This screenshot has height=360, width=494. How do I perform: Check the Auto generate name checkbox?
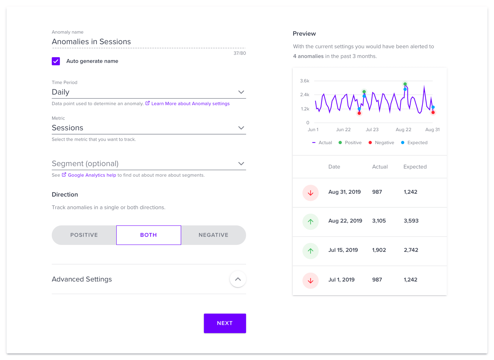click(x=56, y=61)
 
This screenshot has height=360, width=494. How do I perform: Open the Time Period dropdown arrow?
click(x=241, y=92)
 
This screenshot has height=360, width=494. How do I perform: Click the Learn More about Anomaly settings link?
click(x=190, y=104)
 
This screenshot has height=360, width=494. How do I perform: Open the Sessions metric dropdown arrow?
click(x=241, y=128)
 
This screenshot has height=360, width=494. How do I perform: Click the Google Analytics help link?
click(x=92, y=175)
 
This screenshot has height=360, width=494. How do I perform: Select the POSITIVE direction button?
click(x=84, y=235)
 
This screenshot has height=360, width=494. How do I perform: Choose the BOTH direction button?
click(x=148, y=235)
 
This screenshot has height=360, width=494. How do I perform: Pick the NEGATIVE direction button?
click(x=213, y=235)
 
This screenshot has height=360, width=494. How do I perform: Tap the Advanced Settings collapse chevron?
click(x=238, y=279)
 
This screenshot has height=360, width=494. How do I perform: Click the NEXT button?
click(x=225, y=323)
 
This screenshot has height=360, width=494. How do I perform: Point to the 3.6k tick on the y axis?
click(x=304, y=81)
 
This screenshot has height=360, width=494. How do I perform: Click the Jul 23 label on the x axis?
click(x=372, y=129)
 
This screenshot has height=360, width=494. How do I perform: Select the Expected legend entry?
click(x=414, y=143)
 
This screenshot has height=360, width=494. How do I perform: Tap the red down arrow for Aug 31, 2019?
click(x=310, y=193)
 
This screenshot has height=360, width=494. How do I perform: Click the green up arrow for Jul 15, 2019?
click(x=310, y=251)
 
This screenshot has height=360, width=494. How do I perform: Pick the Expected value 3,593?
click(x=411, y=221)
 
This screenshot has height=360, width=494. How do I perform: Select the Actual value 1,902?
click(x=379, y=250)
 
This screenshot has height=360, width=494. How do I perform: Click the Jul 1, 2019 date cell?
click(x=341, y=280)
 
